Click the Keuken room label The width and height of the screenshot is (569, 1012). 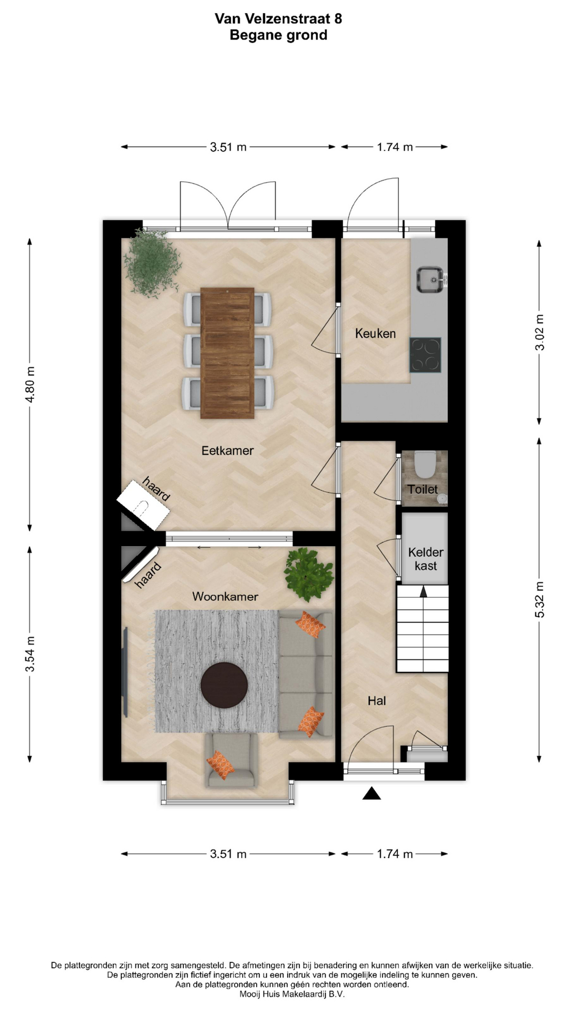coord(375,333)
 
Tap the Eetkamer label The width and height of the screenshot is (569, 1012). coord(228,451)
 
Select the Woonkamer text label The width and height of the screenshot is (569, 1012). coord(225,596)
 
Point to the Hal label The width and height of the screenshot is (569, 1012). coord(377,700)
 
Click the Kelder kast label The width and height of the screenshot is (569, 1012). coord(426,559)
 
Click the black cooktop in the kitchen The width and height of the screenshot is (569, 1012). coord(426,355)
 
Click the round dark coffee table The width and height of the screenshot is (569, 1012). coord(224,684)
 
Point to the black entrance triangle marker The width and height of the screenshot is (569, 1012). coord(372,793)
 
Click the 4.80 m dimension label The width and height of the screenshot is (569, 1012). coord(31,384)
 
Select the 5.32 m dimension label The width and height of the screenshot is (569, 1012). coord(539,600)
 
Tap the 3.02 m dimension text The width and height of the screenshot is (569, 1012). coord(539,332)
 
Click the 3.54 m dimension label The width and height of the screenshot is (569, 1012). coord(31,654)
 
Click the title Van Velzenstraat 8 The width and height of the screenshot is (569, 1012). coord(278,19)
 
